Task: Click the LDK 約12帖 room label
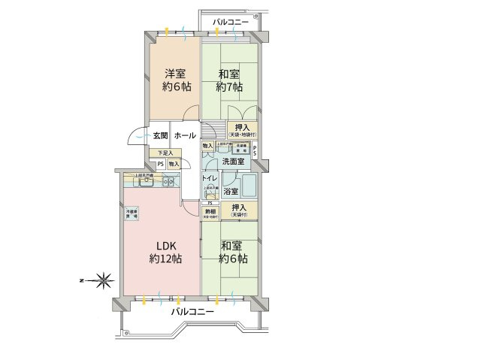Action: (165, 253)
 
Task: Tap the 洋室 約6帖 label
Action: (178, 80)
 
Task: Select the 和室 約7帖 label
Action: (230, 80)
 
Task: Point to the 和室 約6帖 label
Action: (234, 252)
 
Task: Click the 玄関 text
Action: (160, 135)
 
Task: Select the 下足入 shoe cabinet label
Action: (164, 153)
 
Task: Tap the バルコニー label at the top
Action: (230, 22)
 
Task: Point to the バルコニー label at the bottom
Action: (192, 311)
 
